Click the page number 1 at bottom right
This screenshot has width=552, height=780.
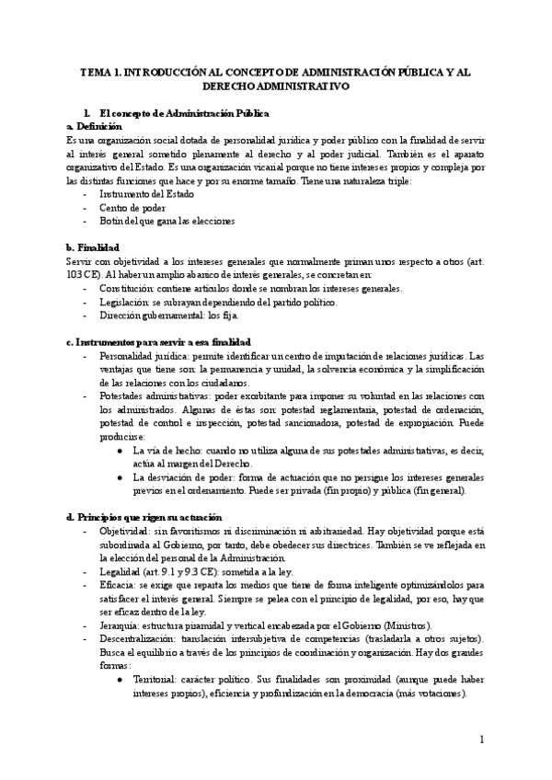coord(481,739)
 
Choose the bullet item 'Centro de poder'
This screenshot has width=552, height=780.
coord(132,208)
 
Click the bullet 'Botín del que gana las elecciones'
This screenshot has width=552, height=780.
coord(167,221)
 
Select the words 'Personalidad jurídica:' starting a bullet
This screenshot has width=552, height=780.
coord(142,356)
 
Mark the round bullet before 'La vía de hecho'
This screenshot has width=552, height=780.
coord(121,450)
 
